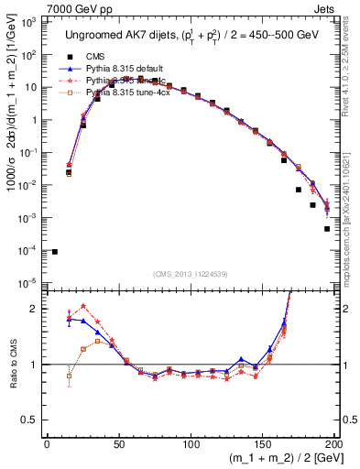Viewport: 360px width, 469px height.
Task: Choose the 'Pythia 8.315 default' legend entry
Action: coord(128,69)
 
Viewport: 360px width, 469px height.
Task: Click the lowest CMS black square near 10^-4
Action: coord(55,251)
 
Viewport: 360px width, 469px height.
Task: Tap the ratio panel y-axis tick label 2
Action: coord(36,309)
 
